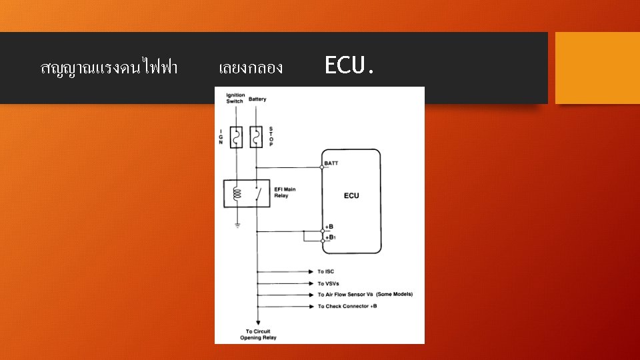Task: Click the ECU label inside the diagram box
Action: point(351,195)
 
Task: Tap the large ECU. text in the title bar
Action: point(349,66)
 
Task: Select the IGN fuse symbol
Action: point(235,137)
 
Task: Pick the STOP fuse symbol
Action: point(255,137)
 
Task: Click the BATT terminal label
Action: point(331,163)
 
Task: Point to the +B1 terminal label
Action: point(331,237)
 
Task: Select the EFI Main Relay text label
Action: point(285,193)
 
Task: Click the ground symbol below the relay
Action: point(235,225)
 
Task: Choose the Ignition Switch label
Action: point(235,98)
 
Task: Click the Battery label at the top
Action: point(257,99)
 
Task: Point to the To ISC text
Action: point(325,272)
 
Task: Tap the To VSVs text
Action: point(328,283)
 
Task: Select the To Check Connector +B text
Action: point(347,306)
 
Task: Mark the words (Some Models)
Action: point(395,295)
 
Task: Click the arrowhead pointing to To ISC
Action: point(312,272)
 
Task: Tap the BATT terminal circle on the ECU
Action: point(323,167)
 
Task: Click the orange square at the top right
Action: point(597,68)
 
